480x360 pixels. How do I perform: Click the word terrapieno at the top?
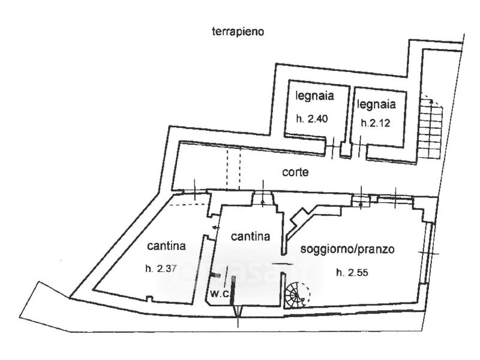point(238,32)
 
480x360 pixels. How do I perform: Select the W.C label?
point(220,294)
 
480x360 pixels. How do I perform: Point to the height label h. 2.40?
point(312,118)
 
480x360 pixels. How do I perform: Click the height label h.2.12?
point(376,123)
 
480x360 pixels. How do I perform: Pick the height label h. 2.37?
point(161,269)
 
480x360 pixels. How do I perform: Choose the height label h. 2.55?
point(352,272)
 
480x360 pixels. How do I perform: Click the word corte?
point(295,172)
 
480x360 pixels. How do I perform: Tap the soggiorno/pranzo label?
point(347,249)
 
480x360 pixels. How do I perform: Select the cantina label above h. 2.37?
point(166,246)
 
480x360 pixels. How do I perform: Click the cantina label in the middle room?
point(250,236)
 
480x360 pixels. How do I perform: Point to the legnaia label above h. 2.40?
point(314,96)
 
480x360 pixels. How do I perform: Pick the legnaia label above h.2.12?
point(376,104)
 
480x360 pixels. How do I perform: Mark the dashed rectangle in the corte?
point(233,169)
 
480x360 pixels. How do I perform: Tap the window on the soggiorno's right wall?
point(428,253)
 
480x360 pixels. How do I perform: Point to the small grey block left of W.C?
point(216,275)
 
